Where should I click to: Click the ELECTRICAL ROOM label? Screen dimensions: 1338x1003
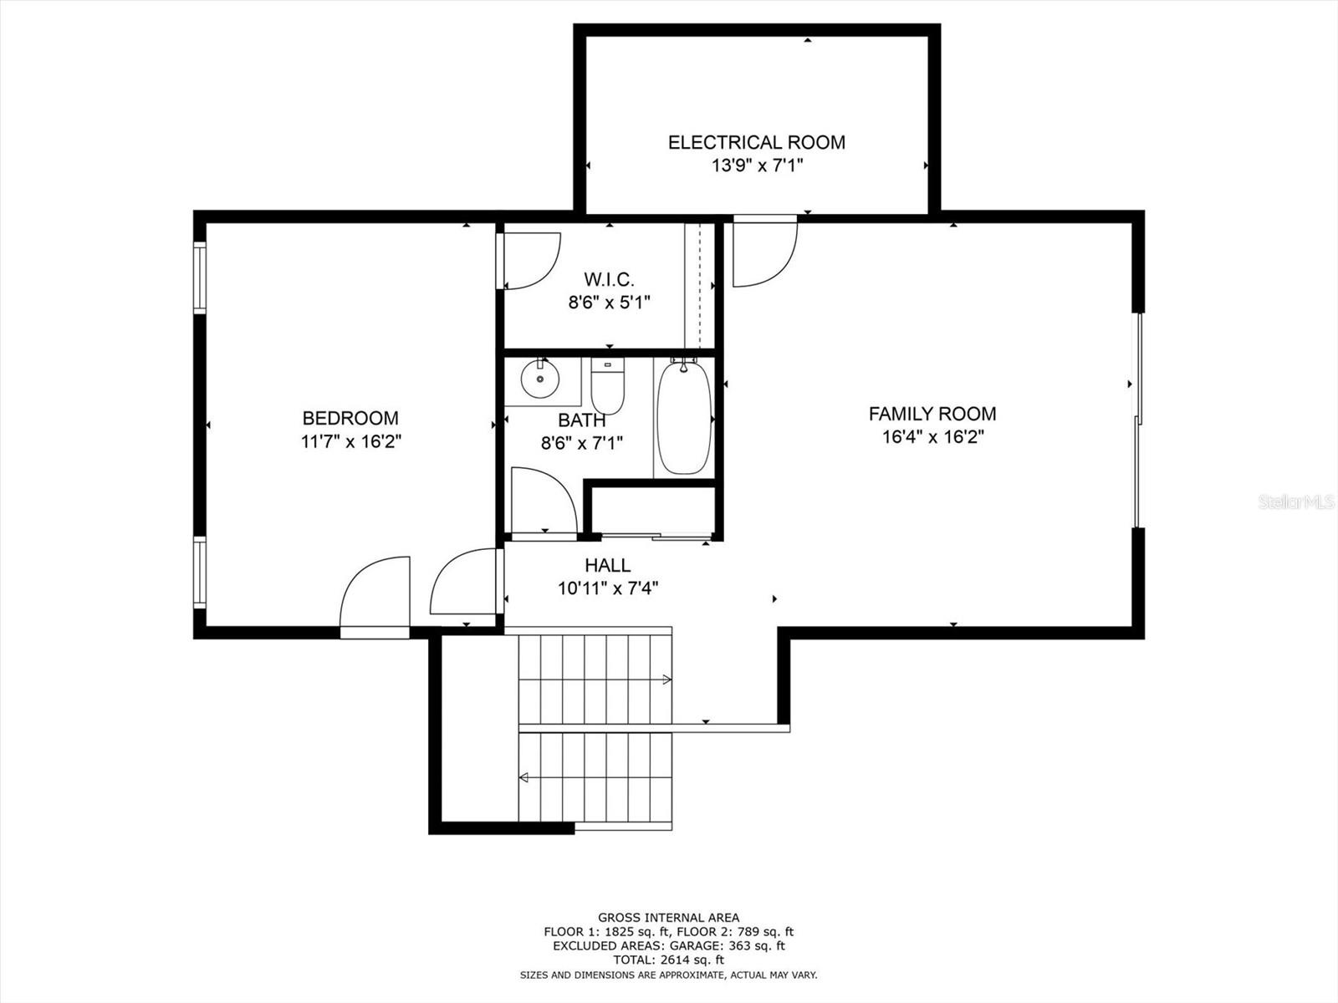[x=757, y=142]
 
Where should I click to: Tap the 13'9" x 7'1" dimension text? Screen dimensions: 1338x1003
[x=757, y=165]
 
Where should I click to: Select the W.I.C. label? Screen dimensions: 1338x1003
[x=609, y=279]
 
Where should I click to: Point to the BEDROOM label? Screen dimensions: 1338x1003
[x=350, y=419]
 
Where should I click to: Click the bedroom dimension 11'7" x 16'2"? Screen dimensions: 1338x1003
[x=350, y=441]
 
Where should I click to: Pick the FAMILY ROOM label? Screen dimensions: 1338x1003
[x=932, y=414]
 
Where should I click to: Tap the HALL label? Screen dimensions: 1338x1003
[x=608, y=566]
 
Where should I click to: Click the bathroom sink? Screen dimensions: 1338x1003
[x=540, y=379]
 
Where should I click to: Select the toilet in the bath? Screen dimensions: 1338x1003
[x=608, y=385]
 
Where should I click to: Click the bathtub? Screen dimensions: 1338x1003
[x=683, y=417]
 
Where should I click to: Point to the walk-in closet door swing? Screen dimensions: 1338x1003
[x=529, y=261]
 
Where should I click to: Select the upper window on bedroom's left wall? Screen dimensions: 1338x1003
[x=199, y=277]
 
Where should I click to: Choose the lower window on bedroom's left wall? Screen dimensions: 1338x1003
[x=199, y=572]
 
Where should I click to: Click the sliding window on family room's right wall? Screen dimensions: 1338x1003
[x=1137, y=420]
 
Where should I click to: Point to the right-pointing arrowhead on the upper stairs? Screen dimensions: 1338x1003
[x=667, y=680]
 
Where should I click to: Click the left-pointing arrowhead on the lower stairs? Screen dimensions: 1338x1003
[x=523, y=777]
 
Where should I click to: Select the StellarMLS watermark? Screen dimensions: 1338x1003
[x=1295, y=501]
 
